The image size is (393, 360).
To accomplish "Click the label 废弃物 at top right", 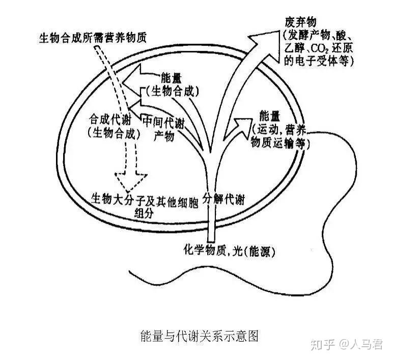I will click(x=301, y=22).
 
